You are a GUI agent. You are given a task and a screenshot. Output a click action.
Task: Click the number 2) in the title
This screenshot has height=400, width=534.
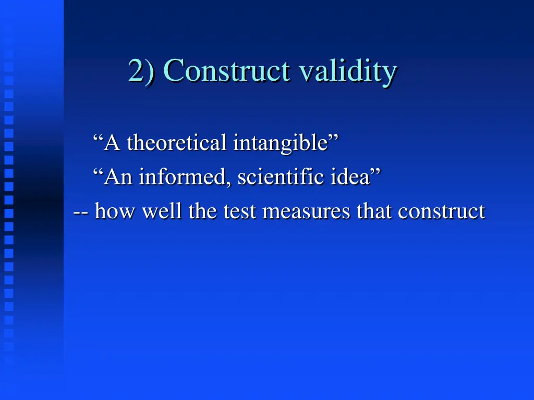141,71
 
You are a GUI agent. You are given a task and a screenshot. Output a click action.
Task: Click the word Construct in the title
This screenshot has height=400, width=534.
226,71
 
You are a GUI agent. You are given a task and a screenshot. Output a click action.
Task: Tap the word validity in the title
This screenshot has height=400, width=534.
348,71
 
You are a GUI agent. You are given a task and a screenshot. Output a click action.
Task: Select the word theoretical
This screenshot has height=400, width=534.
176,142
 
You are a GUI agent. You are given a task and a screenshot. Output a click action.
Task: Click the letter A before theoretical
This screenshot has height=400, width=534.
113,142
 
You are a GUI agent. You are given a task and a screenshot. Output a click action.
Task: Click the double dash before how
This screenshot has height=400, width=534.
81,211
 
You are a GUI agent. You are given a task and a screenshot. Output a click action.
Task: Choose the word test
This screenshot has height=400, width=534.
240,211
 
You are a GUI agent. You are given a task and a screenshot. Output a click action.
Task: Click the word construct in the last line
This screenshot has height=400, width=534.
441,211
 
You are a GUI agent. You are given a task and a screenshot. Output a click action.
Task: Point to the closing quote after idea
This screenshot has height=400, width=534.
375,171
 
